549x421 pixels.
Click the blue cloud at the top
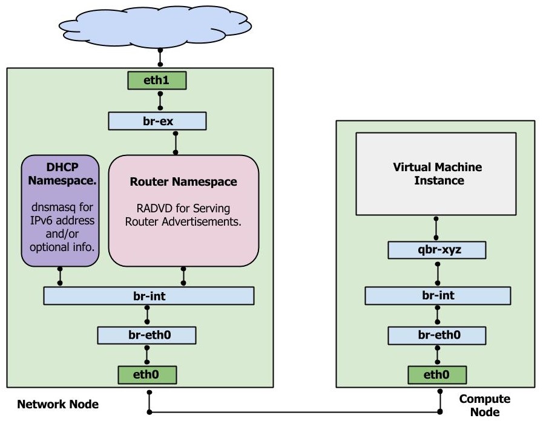click(160, 27)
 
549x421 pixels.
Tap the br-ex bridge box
click(157, 121)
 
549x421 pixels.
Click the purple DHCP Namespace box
click(60, 211)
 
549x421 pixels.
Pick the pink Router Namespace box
click(183, 211)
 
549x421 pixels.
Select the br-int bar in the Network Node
click(148, 296)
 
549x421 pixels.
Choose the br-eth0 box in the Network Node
click(147, 335)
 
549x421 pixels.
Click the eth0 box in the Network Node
click(147, 375)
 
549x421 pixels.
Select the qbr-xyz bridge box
click(436, 250)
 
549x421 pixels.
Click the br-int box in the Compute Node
click(436, 296)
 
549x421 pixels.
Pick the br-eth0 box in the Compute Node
click(436, 335)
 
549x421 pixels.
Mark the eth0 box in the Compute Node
click(436, 375)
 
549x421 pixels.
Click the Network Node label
click(58, 404)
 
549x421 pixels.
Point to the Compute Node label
click(484, 405)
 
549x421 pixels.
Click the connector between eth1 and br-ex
click(160, 100)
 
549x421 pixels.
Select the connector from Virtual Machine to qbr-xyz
click(436, 228)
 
